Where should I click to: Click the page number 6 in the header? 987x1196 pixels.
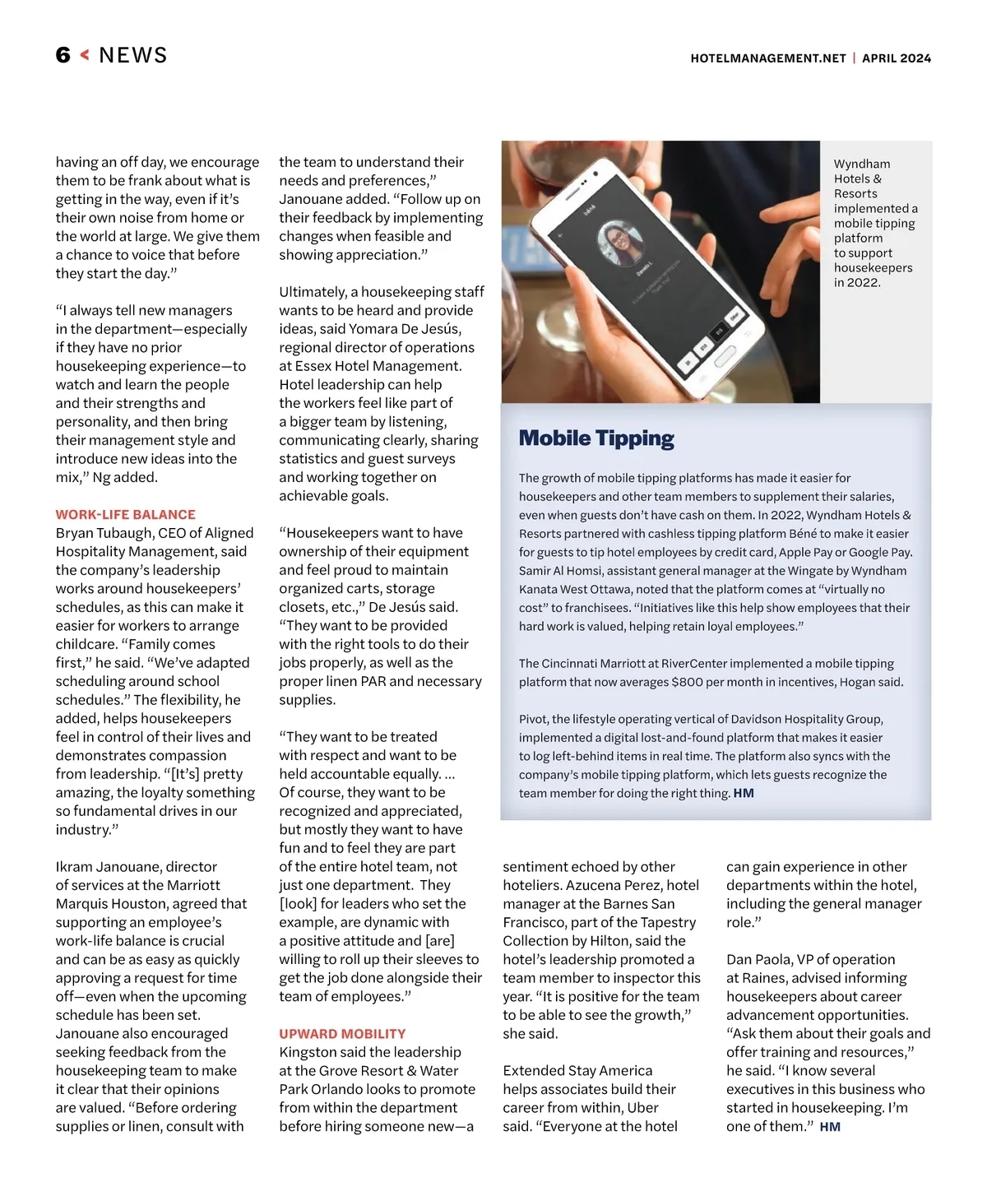pyautogui.click(x=63, y=55)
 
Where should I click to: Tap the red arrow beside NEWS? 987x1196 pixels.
pyautogui.click(x=84, y=55)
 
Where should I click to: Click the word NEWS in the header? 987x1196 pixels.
pyautogui.click(x=132, y=55)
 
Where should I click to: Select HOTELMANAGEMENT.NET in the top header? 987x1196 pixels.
pyautogui.click(x=767, y=58)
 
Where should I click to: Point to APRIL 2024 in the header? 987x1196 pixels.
pyautogui.click(x=897, y=58)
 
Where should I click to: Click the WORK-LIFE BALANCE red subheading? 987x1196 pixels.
pyautogui.click(x=125, y=515)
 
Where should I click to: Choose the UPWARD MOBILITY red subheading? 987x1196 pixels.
pyautogui.click(x=342, y=1034)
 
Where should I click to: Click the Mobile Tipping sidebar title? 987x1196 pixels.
pyautogui.click(x=596, y=438)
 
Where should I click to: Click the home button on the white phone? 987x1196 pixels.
pyautogui.click(x=725, y=356)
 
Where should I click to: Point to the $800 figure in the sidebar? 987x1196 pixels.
pyautogui.click(x=688, y=682)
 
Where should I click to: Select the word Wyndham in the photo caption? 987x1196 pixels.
pyautogui.click(x=861, y=165)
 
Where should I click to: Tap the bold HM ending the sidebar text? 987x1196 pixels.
pyautogui.click(x=744, y=794)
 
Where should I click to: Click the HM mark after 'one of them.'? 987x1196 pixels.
pyautogui.click(x=830, y=1127)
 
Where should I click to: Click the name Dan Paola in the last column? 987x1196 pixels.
pyautogui.click(x=761, y=959)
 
